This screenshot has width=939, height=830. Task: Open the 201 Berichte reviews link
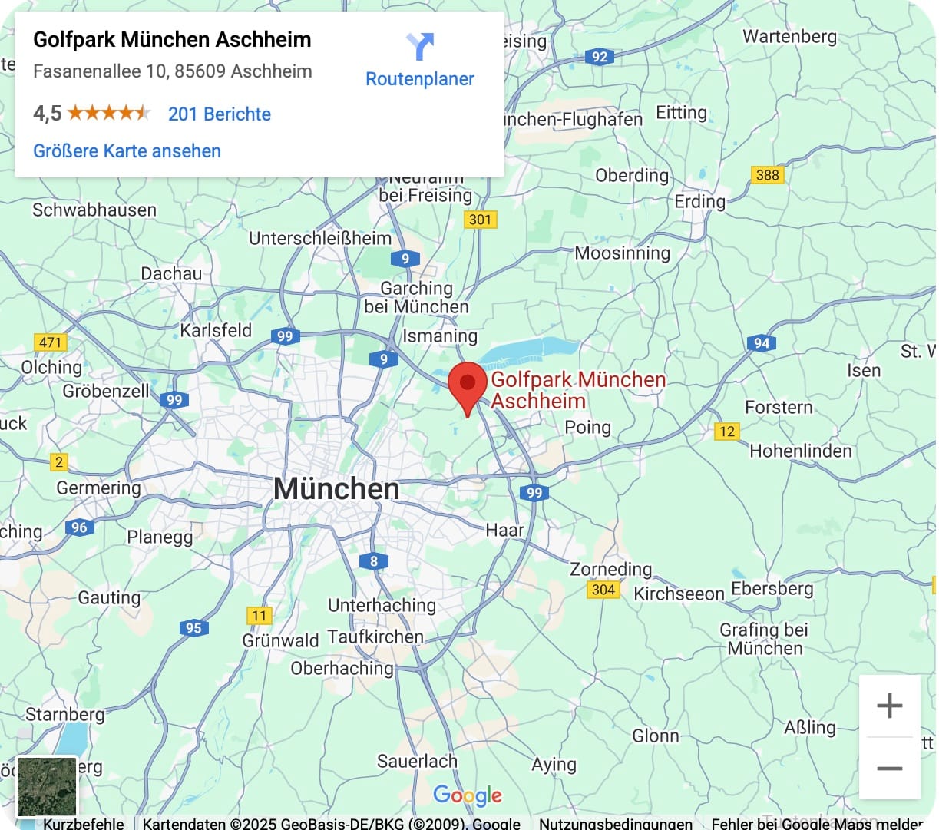(220, 114)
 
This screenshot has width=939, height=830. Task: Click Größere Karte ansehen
(127, 151)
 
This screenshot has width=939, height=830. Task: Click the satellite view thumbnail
(47, 786)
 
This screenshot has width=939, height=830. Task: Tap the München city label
(336, 489)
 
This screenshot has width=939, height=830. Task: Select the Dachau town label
(171, 274)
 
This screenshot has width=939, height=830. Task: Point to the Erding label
(699, 201)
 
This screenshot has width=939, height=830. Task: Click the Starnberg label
(65, 714)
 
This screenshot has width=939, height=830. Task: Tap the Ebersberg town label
(772, 589)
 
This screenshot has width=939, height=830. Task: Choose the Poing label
(587, 428)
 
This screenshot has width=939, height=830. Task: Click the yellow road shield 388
(767, 174)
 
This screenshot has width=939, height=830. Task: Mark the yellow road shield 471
(51, 342)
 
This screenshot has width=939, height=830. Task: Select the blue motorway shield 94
(761, 343)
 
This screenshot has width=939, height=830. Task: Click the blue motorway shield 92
(600, 57)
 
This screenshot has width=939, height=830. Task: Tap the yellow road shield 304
(603, 590)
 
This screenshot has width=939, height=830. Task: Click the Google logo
(467, 795)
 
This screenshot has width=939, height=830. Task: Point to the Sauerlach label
(417, 761)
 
